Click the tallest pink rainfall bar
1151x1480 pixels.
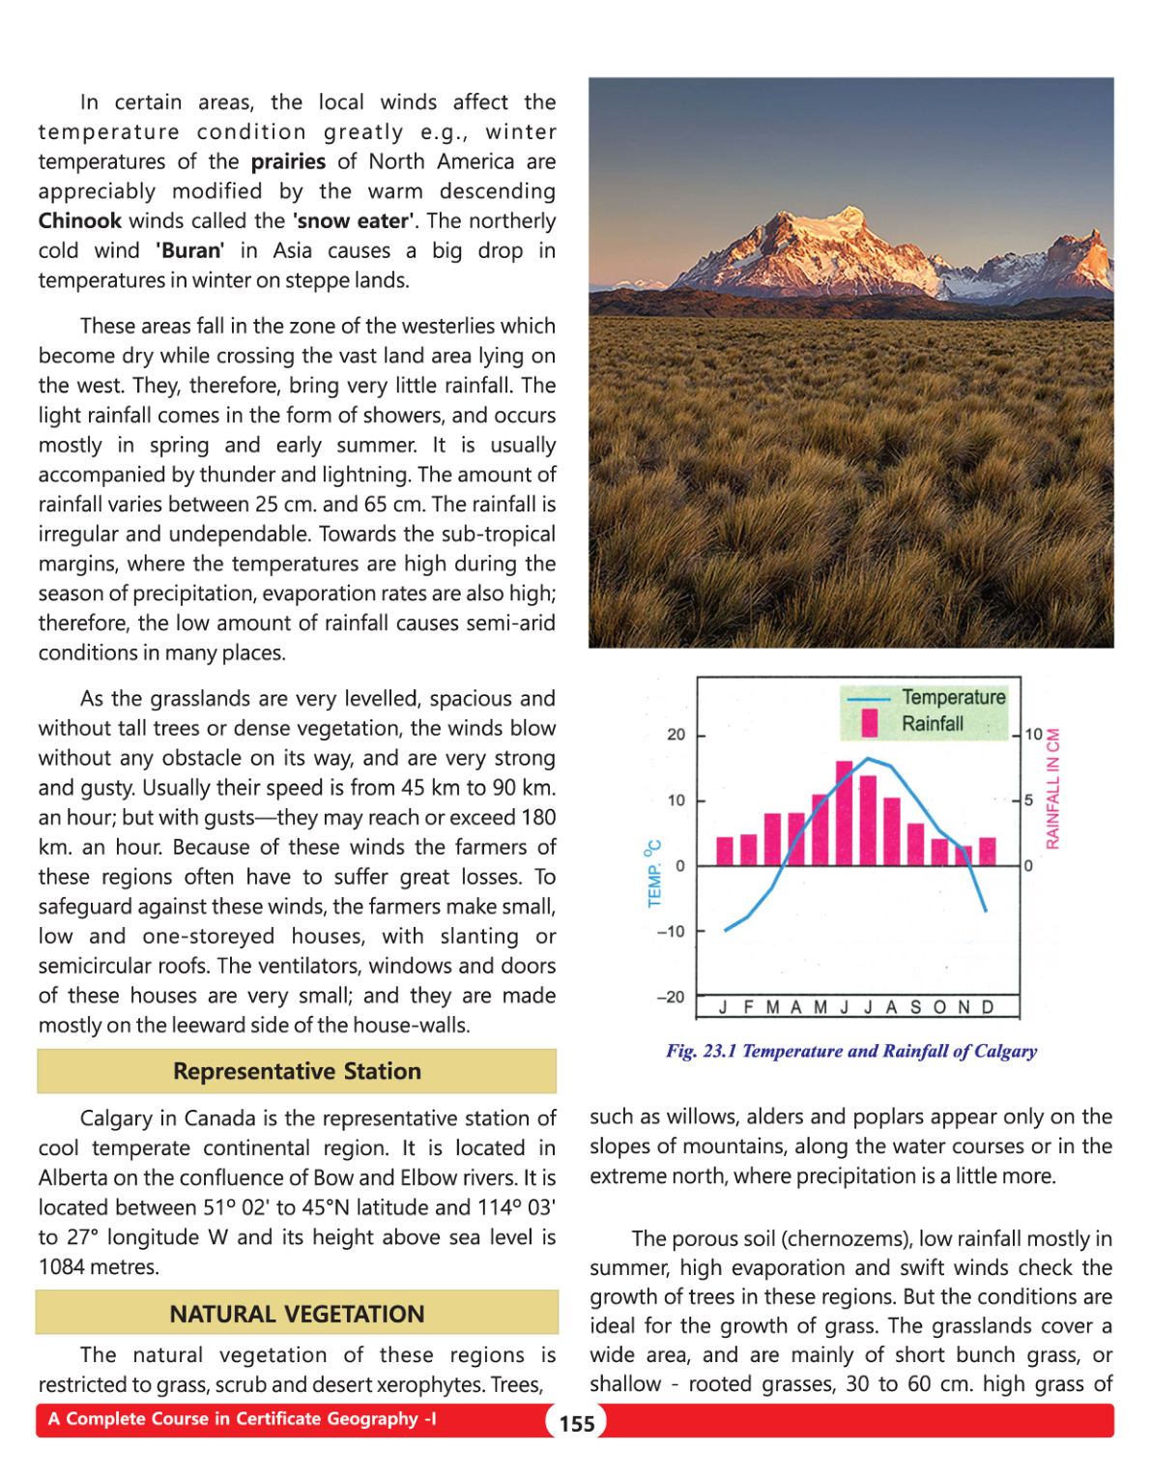pos(844,813)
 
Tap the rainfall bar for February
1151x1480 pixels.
pos(748,849)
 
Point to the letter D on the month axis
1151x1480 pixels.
pos(987,1007)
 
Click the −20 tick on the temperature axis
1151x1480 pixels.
pos(670,997)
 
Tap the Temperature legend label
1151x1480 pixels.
pos(953,697)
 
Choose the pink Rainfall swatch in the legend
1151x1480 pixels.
pos(869,723)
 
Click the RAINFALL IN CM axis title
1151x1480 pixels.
pos(1052,788)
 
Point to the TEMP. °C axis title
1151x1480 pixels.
pos(653,873)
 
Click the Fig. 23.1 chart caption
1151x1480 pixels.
pos(850,1051)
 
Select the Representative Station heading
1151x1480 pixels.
pos(297,1071)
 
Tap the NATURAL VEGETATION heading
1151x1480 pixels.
pos(297,1314)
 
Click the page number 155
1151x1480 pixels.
pos(577,1423)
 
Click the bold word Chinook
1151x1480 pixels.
pos(80,220)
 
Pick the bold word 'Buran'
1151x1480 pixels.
pos(189,250)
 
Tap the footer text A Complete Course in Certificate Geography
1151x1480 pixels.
pos(242,1419)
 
